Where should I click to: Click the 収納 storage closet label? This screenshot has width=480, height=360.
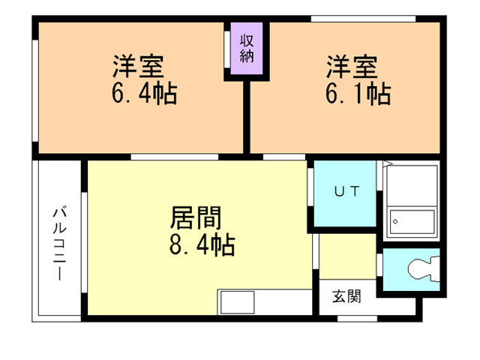point(247,48)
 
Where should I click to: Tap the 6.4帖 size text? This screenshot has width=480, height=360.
point(145,93)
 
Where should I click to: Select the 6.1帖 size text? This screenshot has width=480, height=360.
point(358,93)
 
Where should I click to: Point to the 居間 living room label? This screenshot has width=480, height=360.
point(196,217)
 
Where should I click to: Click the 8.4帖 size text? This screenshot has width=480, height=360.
point(202,244)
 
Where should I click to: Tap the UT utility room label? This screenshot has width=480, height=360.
point(346,192)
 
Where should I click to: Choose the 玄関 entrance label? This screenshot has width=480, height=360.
point(346,296)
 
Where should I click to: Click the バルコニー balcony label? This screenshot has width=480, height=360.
point(60,244)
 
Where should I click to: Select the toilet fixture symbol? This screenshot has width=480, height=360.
point(424,269)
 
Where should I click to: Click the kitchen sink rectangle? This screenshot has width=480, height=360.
point(238,302)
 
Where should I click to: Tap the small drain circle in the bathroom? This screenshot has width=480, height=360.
point(395,221)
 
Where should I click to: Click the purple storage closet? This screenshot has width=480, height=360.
point(247,48)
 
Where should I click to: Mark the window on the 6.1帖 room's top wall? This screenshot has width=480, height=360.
point(363,19)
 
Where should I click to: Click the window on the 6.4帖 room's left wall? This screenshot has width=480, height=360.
point(35,91)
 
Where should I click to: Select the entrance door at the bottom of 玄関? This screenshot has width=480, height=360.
point(357,319)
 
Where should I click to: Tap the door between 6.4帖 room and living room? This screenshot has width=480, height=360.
point(175,157)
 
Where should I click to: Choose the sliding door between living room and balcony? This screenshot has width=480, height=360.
point(84,242)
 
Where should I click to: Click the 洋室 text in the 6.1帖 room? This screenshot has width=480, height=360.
point(352,67)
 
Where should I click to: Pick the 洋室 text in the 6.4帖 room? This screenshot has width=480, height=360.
point(138,66)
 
